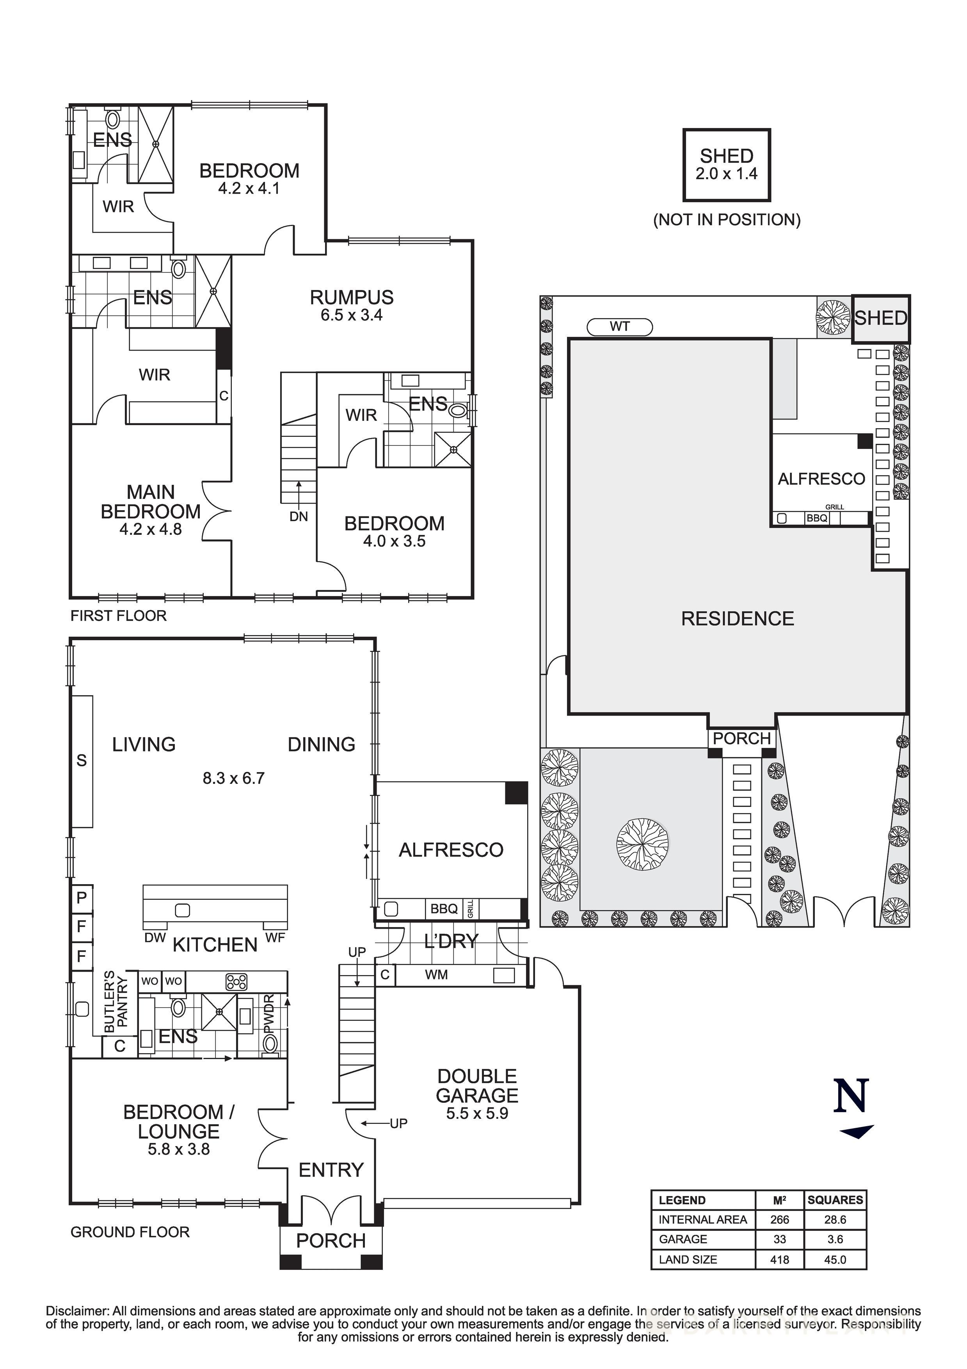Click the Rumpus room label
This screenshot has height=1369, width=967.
tap(351, 297)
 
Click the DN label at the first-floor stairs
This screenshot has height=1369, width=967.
tap(299, 517)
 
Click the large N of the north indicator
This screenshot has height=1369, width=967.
tap(851, 1095)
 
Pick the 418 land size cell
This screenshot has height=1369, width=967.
tap(779, 1259)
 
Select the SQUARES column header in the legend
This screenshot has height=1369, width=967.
tap(835, 1200)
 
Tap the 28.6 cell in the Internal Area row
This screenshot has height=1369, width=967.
tap(835, 1220)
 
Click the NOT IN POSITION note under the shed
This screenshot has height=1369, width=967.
tap(726, 220)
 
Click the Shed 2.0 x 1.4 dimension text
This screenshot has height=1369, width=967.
tap(726, 174)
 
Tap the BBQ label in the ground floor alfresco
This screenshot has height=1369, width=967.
tap(444, 909)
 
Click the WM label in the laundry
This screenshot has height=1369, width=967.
tap(436, 975)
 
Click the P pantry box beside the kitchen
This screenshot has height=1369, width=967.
tap(82, 897)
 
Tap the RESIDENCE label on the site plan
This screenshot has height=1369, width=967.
tap(738, 619)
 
